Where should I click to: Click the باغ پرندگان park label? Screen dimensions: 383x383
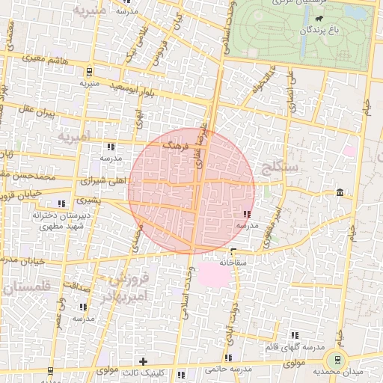(304, 31)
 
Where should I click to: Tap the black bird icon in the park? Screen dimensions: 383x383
(319, 19)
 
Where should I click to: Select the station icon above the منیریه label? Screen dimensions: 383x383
(90, 72)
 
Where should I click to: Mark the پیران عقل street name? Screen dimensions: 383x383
(36, 114)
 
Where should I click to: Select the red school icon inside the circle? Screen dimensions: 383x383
(248, 215)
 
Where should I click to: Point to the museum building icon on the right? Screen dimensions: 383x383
(341, 194)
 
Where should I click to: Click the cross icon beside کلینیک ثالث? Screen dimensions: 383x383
(143, 361)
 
